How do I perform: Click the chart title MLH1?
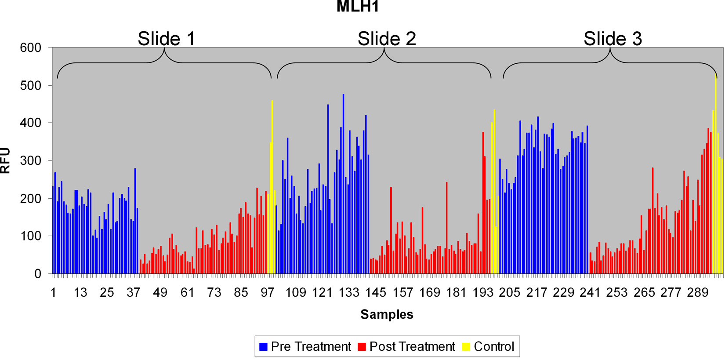[357, 7]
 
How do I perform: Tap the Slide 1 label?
[166, 39]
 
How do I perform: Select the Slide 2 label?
[386, 39]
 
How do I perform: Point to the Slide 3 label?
[613, 39]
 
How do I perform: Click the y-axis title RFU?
[6, 161]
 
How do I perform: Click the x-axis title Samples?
[387, 314]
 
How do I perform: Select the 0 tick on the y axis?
[37, 274]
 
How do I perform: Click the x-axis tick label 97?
[268, 293]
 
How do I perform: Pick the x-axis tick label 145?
[376, 293]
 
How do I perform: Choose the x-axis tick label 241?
[590, 293]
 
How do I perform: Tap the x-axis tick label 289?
[697, 293]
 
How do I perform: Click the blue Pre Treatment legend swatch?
[264, 347]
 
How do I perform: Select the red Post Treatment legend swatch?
[362, 347]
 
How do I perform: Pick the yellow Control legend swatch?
[466, 347]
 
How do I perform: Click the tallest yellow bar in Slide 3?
[715, 176]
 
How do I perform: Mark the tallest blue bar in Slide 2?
[343, 185]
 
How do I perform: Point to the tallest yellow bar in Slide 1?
[272, 189]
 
